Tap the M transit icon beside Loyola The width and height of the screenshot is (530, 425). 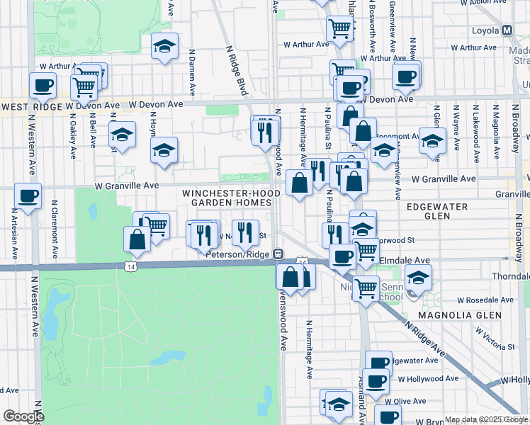click(x=507, y=31)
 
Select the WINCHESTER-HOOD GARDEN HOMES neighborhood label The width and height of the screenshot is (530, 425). click(x=227, y=198)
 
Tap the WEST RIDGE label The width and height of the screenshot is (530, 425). click(x=32, y=106)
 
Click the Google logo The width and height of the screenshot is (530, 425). click(x=23, y=416)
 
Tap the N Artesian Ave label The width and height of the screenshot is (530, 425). click(x=13, y=234)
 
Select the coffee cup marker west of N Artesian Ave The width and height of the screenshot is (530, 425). click(x=28, y=196)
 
